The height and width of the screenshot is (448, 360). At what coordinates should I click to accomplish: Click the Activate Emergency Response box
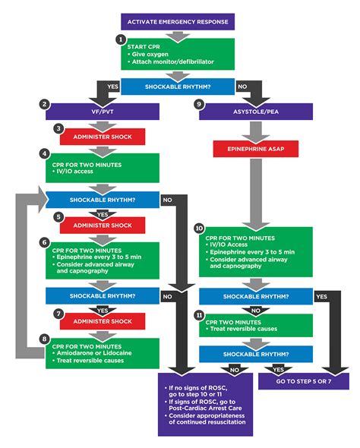tap(180, 21)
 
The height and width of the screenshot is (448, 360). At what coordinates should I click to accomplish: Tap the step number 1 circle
tap(120, 39)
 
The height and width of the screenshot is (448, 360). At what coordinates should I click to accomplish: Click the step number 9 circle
tap(200, 103)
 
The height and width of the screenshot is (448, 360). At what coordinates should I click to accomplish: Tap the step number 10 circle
tap(199, 228)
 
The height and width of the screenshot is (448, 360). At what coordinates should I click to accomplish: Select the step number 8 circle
tap(46, 339)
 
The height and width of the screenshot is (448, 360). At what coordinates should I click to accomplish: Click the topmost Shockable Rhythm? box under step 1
tap(179, 87)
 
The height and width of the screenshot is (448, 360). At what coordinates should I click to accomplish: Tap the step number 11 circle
tap(199, 314)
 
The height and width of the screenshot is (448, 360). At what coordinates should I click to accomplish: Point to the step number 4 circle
tap(46, 153)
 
